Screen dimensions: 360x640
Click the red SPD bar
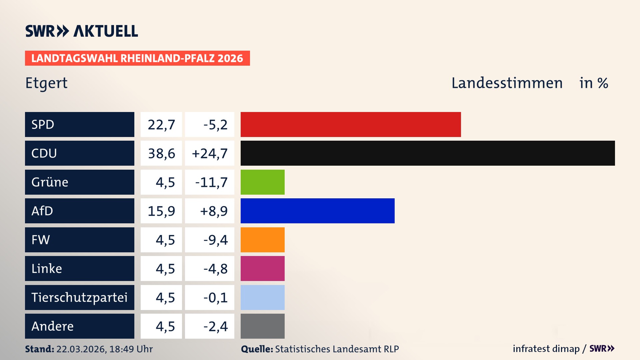[351, 124]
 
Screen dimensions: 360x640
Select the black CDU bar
[428, 153]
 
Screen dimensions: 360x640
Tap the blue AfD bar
[317, 211]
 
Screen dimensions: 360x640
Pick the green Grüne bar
[263, 182]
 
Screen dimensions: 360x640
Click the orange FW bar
[263, 240]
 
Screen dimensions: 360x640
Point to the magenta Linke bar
[263, 268]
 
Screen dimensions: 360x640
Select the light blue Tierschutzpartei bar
[263, 297]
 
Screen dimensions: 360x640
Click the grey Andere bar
[263, 326]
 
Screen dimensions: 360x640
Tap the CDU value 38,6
[161, 153]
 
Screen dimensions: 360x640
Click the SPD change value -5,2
[215, 125]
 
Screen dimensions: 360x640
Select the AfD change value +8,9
[214, 211]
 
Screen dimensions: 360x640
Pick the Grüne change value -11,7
[211, 182]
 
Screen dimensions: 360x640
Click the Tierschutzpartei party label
[79, 297]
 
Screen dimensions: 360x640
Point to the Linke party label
[47, 268]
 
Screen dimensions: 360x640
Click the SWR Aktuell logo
[82, 31]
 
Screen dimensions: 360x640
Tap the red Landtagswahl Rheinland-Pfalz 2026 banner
[137, 58]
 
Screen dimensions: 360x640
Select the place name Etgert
[46, 83]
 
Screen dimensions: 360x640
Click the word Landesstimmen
[507, 83]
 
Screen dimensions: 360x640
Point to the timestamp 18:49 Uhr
[131, 349]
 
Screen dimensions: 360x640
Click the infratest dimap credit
[546, 349]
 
